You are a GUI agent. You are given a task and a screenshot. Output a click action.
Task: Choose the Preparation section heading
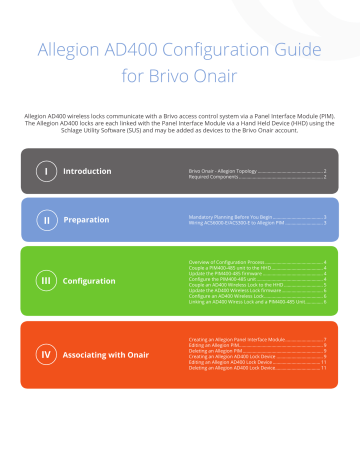coord(87,218)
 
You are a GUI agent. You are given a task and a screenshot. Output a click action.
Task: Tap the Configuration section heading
coord(94,281)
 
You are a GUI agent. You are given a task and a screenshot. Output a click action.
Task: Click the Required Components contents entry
coord(219,176)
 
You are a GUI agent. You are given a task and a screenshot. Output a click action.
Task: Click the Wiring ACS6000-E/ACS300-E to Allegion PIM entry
coord(240,221)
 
